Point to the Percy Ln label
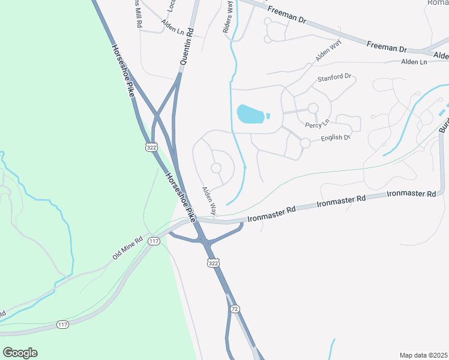pos(318,124)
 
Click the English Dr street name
pos(335,138)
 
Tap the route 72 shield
pos(235,308)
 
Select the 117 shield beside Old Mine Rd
pos(154,241)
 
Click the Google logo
pos(20,353)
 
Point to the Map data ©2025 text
pos(423,355)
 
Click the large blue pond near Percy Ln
pos(251,113)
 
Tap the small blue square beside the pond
pos(268,116)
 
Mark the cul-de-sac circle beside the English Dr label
pos(305,143)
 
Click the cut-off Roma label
pos(438,3)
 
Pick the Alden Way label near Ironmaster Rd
pos(209,202)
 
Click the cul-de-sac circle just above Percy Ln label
pos(313,108)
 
